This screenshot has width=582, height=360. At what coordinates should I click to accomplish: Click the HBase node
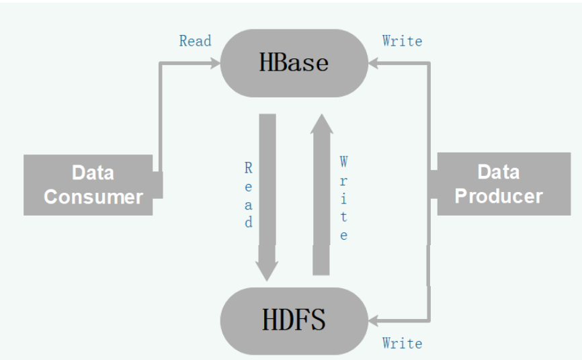pos(294,62)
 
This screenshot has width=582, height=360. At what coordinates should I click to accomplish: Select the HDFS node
pos(294,320)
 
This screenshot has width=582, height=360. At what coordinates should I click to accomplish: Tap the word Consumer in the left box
pos(93,196)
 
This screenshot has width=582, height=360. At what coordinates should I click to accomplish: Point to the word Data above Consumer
pos(93,173)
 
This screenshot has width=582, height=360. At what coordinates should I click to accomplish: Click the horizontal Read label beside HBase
pos(195,41)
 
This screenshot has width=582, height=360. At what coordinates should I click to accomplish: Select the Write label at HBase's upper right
pos(402,41)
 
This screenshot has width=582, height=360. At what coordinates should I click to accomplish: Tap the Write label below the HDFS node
pos(402,343)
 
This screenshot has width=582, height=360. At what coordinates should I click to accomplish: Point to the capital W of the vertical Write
pos(343,162)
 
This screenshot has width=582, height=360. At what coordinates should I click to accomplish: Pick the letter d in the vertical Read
pos(249,222)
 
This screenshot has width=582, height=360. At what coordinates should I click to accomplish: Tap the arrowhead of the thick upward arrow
pos(321,125)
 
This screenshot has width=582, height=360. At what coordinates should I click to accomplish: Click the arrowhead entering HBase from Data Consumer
pos(215,63)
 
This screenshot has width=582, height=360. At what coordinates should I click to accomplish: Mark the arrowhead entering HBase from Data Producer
pos(374,63)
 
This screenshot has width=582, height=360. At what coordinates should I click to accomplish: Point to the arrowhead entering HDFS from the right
pos(374,320)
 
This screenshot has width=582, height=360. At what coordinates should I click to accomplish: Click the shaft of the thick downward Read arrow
pos(267,181)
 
